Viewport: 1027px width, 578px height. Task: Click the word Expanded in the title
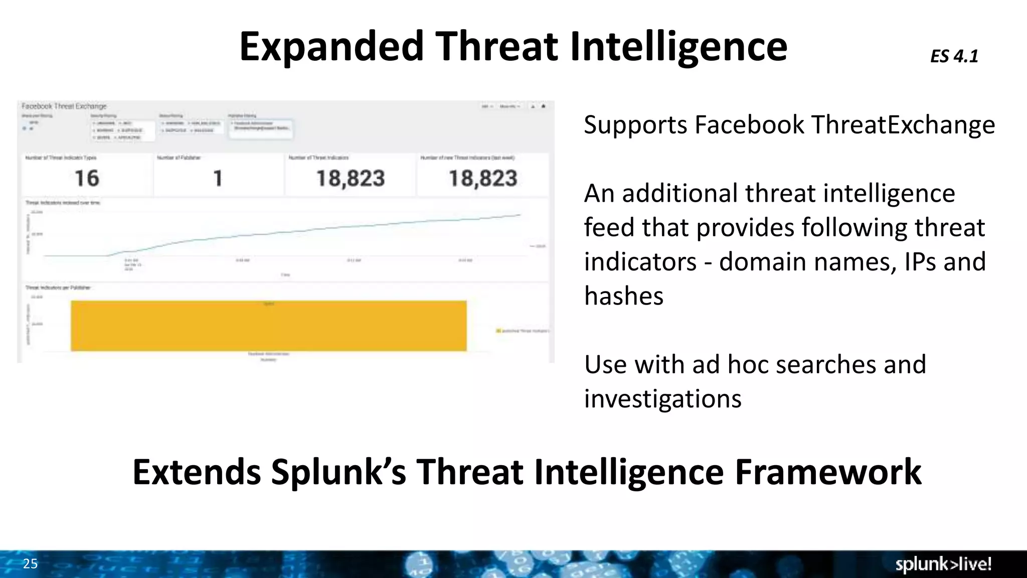(331, 47)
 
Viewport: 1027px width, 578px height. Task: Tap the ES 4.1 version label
(954, 56)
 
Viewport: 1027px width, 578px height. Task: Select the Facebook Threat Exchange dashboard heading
(64, 106)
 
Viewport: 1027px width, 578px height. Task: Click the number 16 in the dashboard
(87, 179)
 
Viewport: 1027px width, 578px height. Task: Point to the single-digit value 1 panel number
(218, 179)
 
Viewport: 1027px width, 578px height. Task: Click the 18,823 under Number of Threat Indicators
(351, 179)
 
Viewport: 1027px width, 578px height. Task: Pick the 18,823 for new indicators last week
(482, 179)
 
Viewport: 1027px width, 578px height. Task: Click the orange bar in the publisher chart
(268, 326)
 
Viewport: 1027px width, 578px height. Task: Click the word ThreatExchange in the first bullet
(903, 125)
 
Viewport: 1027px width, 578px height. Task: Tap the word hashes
(624, 296)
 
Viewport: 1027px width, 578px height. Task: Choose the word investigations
(662, 399)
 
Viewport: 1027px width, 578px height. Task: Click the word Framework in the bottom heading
(828, 472)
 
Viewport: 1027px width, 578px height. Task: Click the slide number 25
(30, 563)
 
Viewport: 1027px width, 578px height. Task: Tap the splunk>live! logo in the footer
(943, 564)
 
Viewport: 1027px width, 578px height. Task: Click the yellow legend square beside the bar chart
(498, 331)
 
